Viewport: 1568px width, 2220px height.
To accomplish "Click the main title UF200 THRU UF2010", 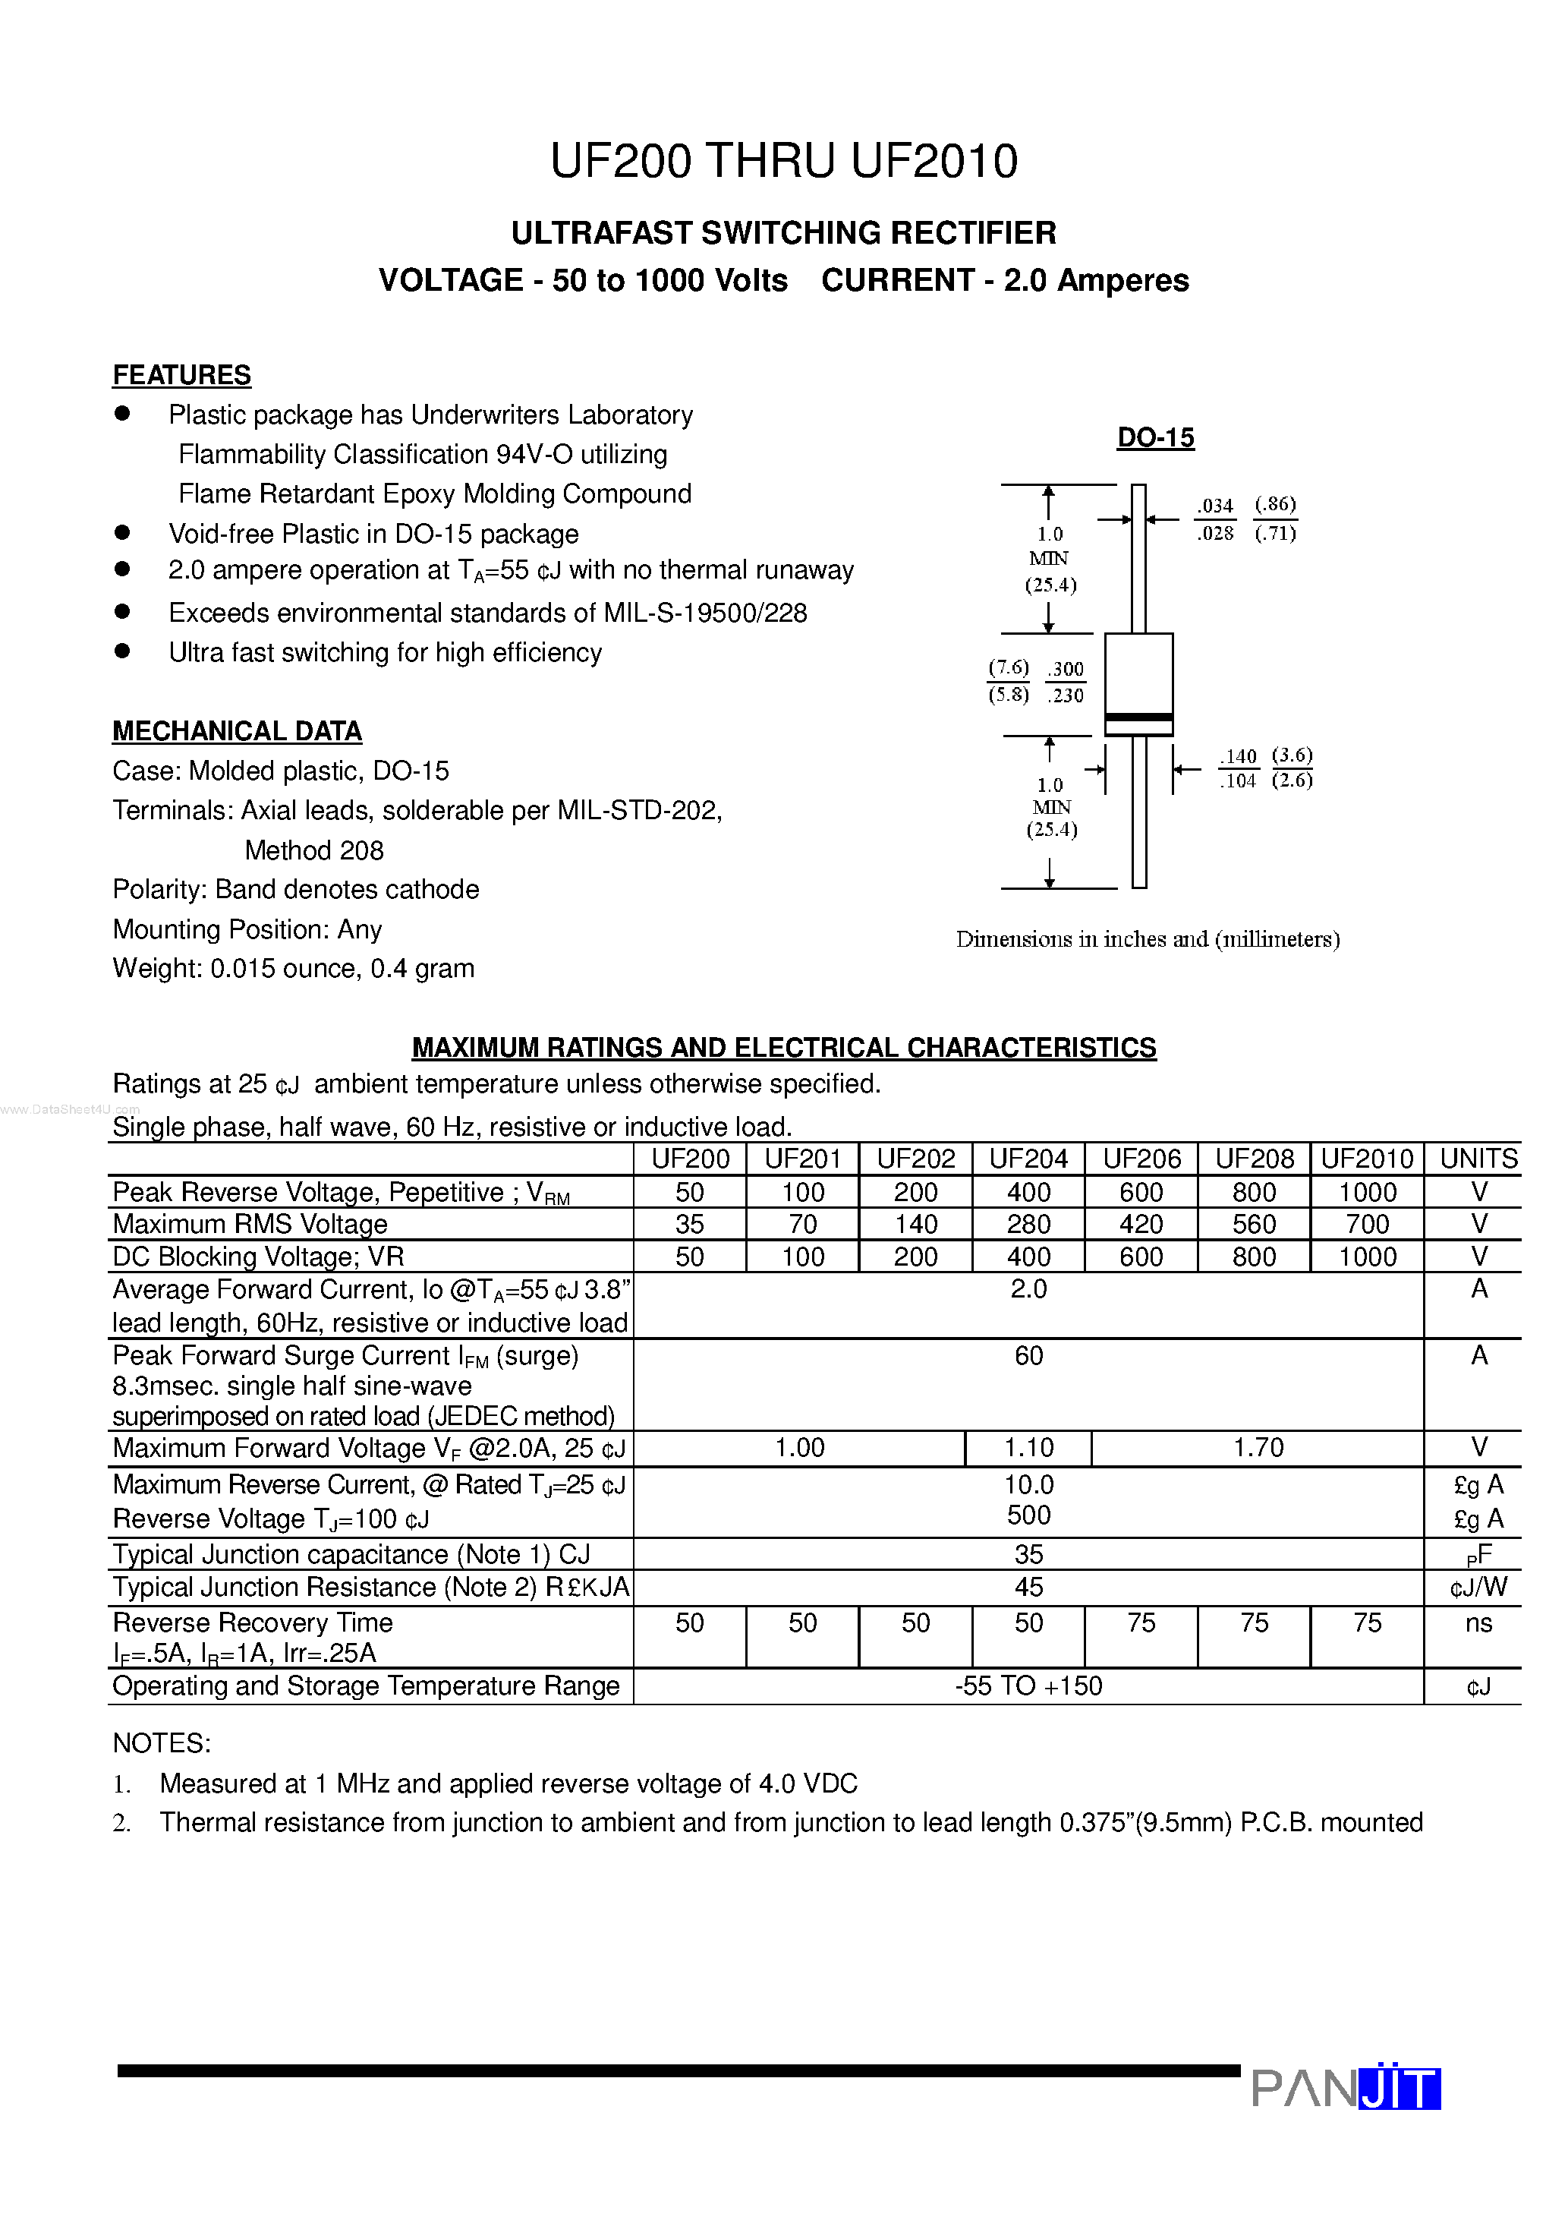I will point(783,162).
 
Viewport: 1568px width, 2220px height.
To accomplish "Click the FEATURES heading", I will point(181,375).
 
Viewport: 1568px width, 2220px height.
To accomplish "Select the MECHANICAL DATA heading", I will point(237,731).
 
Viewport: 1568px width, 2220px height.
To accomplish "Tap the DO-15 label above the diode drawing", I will point(1155,438).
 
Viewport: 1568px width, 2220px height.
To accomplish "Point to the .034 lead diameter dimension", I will point(1215,506).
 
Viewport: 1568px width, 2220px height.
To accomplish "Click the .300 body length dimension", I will point(1066,669).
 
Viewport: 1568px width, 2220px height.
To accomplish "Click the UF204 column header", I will point(1028,1159).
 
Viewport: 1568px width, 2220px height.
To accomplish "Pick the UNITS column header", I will point(1478,1159).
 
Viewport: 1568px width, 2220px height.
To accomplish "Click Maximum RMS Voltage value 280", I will point(1028,1224).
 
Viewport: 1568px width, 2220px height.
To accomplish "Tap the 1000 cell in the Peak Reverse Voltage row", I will point(1367,1192).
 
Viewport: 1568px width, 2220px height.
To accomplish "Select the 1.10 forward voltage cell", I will point(1028,1447).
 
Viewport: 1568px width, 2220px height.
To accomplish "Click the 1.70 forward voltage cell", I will point(1258,1447).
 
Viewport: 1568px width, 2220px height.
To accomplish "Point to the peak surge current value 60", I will point(1028,1355).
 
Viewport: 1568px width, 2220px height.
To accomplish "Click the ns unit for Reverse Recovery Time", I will point(1478,1622).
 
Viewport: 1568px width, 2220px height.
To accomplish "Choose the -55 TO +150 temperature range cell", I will point(1028,1685).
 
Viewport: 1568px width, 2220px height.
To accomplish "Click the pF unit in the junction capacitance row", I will point(1478,1555).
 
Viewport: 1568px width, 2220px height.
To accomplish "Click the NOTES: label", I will point(162,1742).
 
